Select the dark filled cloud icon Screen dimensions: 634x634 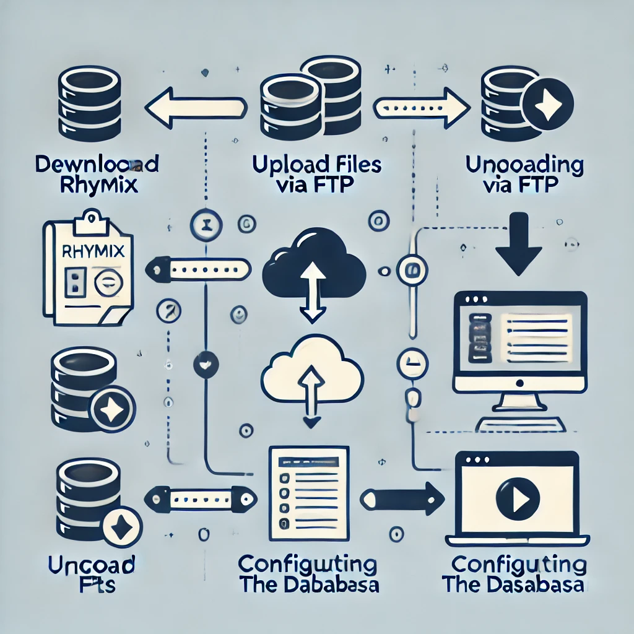coord(312,263)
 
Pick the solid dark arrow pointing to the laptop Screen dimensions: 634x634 coord(402,497)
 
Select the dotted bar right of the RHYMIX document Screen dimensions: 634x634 coord(201,269)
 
